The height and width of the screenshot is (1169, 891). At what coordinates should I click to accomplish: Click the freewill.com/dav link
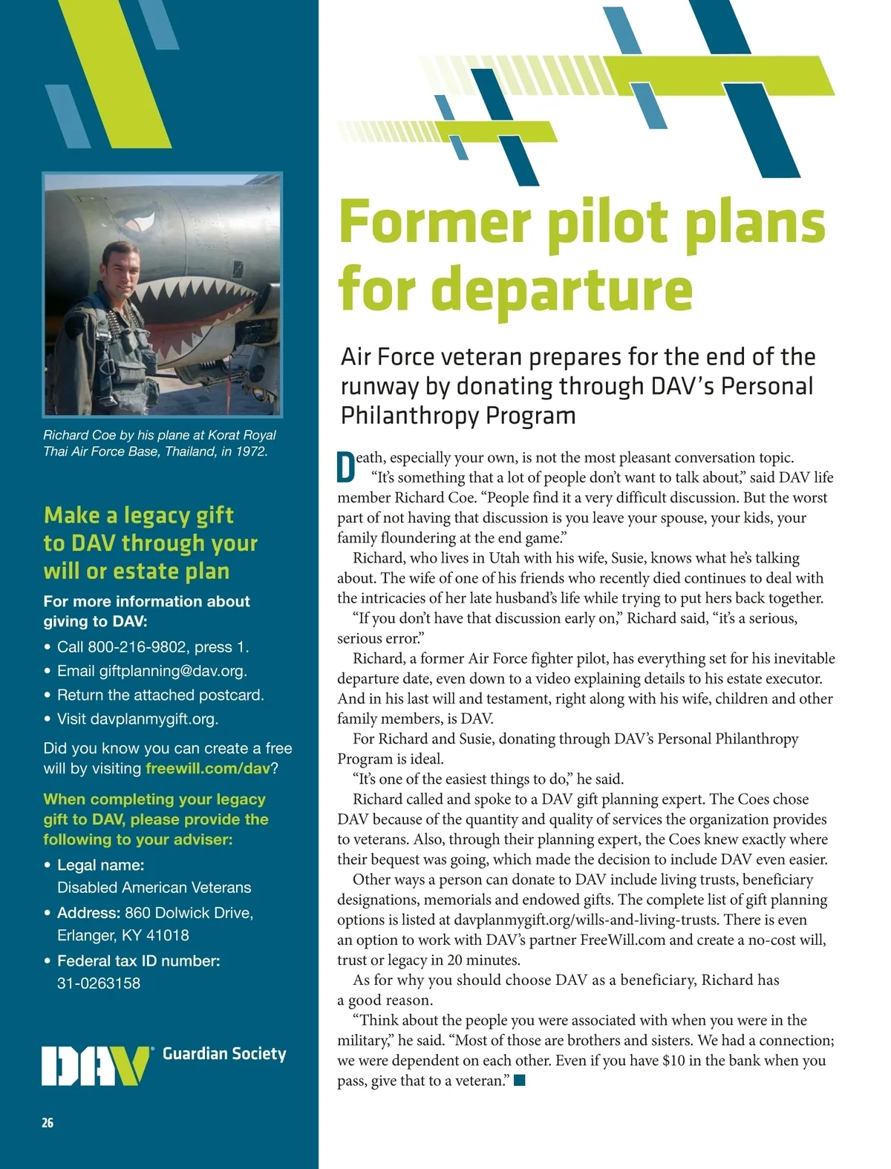(x=208, y=768)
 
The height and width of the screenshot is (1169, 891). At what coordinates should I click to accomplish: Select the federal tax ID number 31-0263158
(x=99, y=983)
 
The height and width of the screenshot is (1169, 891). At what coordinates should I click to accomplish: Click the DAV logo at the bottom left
(x=96, y=1066)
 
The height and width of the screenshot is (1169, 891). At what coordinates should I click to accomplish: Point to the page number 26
(x=48, y=1123)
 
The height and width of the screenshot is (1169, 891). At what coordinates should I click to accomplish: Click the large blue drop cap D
(x=346, y=467)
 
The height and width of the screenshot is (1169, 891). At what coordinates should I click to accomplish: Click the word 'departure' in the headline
(x=562, y=289)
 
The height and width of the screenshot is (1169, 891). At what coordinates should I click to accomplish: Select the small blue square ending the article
(x=520, y=1081)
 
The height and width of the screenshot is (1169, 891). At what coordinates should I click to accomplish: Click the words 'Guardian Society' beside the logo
(x=224, y=1054)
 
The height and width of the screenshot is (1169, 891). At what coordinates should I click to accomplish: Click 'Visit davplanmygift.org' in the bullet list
(x=137, y=719)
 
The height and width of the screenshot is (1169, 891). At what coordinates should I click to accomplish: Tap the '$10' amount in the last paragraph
(x=673, y=1061)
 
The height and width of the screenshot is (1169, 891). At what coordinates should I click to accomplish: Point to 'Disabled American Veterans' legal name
(x=154, y=888)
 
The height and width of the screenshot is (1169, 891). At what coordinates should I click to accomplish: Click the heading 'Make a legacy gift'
(x=138, y=515)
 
